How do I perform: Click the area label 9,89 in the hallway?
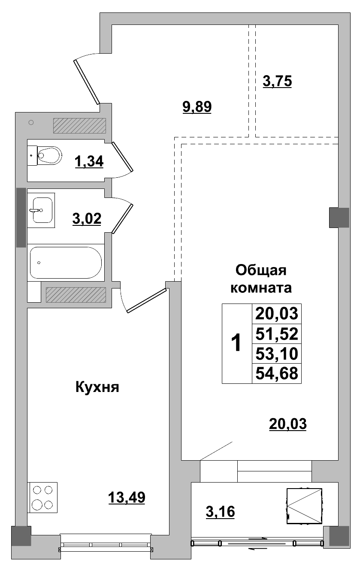[x=197, y=106]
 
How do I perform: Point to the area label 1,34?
[x=89, y=162]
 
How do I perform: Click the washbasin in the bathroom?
[x=41, y=210]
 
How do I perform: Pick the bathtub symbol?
[x=66, y=262]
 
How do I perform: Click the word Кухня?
[x=97, y=387]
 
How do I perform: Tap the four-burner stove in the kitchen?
[x=42, y=497]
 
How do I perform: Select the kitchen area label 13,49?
[x=127, y=498]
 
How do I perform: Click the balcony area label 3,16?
[x=220, y=512]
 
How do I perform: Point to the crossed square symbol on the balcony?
[x=304, y=506]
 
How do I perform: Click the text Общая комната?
[x=261, y=279]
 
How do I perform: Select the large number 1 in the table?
[x=236, y=343]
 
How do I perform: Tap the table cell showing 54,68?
[x=276, y=373]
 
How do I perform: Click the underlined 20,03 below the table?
[x=288, y=424]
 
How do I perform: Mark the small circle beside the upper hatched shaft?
[x=31, y=123]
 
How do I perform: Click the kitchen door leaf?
[x=146, y=300]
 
